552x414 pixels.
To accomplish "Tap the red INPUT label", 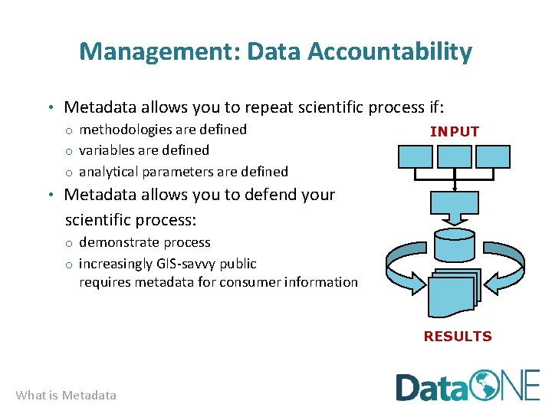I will pyautogui.click(x=455, y=132).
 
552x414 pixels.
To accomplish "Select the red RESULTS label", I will pyautogui.click(x=458, y=336).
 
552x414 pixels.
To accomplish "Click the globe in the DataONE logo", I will pyautogui.click(x=486, y=386).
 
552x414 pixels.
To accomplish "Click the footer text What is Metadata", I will pyautogui.click(x=66, y=396).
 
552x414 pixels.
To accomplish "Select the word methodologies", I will pyautogui.click(x=125, y=130).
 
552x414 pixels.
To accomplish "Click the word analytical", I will pyautogui.click(x=109, y=172).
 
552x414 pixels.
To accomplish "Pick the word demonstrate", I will pyautogui.click(x=117, y=242).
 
